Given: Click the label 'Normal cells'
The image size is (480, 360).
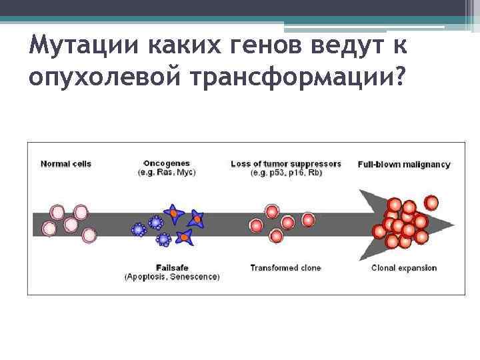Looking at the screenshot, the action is pyautogui.click(x=66, y=164).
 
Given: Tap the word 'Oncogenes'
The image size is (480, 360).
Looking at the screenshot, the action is pyautogui.click(x=167, y=163).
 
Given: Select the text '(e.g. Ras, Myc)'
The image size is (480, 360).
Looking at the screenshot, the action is pyautogui.click(x=167, y=173).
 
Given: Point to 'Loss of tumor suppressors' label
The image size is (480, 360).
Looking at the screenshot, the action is pyautogui.click(x=285, y=164).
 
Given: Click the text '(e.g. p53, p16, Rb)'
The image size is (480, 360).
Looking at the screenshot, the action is pyautogui.click(x=285, y=173).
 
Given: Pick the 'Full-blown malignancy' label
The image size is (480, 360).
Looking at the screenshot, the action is pyautogui.click(x=404, y=164).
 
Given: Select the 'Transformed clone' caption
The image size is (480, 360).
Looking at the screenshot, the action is pyautogui.click(x=285, y=268).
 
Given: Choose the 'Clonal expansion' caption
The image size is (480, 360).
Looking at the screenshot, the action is pyautogui.click(x=404, y=268).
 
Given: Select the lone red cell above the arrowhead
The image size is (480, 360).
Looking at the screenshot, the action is pyautogui.click(x=431, y=202).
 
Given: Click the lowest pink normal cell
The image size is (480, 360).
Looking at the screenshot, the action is pyautogui.click(x=89, y=235).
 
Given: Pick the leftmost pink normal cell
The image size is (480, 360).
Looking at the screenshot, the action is pyautogui.click(x=49, y=229).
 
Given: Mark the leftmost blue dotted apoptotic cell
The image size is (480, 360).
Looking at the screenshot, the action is pyautogui.click(x=139, y=229).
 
